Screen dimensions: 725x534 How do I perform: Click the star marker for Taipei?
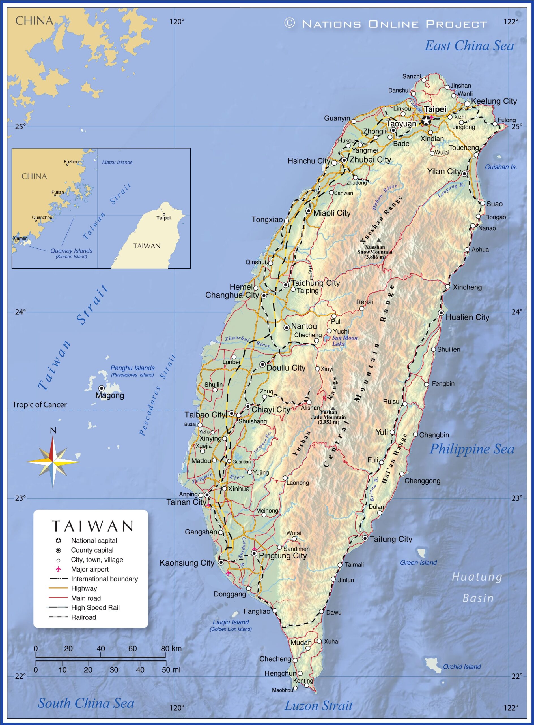[426, 121]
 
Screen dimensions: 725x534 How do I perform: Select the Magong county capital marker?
[102, 388]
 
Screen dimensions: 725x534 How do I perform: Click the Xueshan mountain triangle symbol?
[378, 240]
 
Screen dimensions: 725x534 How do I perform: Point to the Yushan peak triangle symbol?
[333, 408]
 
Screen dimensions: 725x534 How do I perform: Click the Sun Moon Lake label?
[344, 340]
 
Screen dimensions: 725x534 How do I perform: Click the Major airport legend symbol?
[59, 569]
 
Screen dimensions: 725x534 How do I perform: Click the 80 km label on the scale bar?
[171, 649]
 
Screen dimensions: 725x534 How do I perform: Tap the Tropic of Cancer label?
[39, 405]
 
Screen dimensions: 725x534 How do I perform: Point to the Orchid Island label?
[462, 667]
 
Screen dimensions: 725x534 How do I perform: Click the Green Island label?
[418, 562]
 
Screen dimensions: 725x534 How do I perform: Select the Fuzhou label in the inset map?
[71, 162]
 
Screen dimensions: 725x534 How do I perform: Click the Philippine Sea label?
[471, 449]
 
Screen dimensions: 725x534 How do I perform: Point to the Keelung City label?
[494, 101]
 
